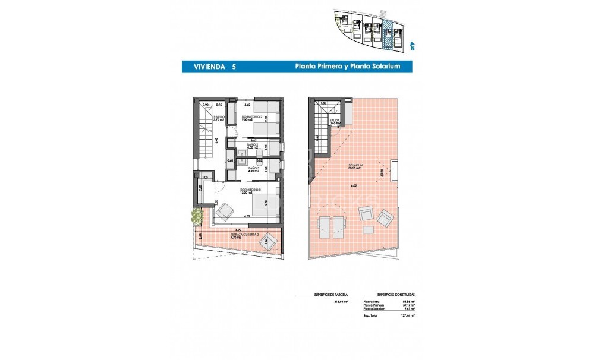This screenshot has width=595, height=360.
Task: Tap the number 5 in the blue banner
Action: click(x=234, y=67)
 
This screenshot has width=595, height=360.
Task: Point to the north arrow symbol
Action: click(x=411, y=43)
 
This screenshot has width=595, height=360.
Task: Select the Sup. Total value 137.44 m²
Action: click(x=404, y=316)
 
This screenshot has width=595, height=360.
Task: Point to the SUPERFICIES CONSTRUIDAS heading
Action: click(x=396, y=294)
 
